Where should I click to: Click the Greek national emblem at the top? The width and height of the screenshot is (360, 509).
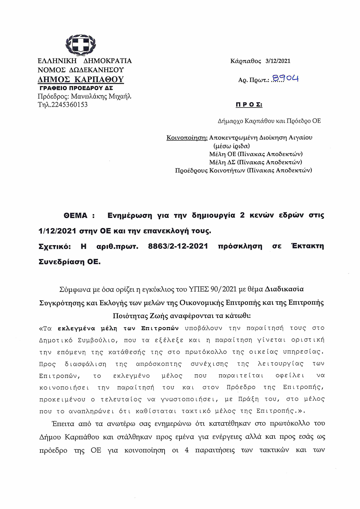(80, 45)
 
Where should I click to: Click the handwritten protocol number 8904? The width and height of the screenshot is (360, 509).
(285, 78)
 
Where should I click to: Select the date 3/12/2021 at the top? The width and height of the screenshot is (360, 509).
(278, 61)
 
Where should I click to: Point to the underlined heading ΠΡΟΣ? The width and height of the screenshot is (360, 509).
(249, 105)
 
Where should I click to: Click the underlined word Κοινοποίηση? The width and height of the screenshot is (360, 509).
(187, 138)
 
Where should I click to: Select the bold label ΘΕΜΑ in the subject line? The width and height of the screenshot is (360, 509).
(75, 215)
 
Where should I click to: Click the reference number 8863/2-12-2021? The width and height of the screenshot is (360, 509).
(178, 246)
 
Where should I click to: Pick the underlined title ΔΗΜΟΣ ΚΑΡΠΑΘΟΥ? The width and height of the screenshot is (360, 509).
(80, 79)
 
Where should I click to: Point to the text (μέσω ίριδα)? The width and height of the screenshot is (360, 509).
(231, 146)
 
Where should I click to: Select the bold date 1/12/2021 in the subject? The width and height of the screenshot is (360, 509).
(57, 231)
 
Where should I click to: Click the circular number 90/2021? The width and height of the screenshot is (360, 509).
(223, 289)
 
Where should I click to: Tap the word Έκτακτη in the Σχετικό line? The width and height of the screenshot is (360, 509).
(308, 246)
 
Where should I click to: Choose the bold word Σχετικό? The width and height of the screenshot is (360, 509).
(55, 246)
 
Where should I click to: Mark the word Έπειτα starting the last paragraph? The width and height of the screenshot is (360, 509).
(63, 423)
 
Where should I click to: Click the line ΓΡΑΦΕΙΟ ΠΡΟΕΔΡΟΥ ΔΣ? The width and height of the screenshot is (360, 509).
(76, 88)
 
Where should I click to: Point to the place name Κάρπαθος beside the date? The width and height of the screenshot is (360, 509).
(246, 61)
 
